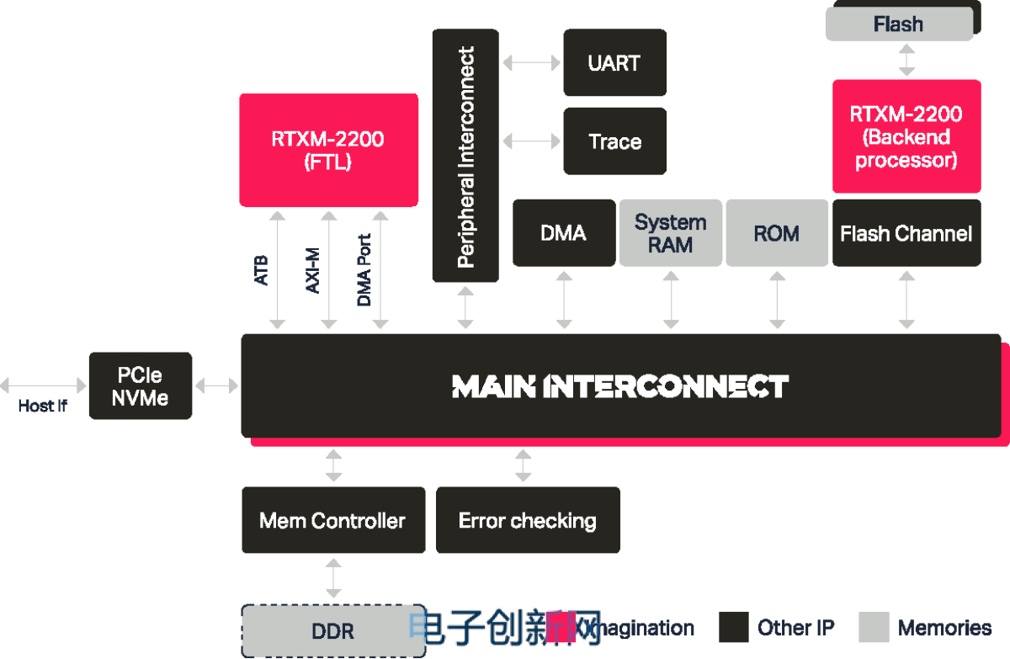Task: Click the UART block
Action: tap(614, 63)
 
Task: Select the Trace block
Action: tap(614, 141)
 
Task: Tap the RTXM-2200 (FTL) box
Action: tap(328, 150)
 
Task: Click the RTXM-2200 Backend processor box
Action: tap(906, 137)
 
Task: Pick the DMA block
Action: tap(564, 233)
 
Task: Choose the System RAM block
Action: tap(671, 233)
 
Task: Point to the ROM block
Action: tap(776, 233)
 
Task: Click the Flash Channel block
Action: tap(906, 233)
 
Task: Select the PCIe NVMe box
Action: tap(141, 386)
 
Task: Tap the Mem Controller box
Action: tap(332, 520)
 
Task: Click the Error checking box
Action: tap(528, 520)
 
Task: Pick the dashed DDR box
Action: tap(333, 631)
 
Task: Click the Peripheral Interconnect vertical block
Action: tap(465, 156)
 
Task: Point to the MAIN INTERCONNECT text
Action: tap(620, 386)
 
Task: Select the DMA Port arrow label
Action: tap(364, 270)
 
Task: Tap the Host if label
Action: tap(42, 407)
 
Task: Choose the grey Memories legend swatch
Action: tap(874, 627)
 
